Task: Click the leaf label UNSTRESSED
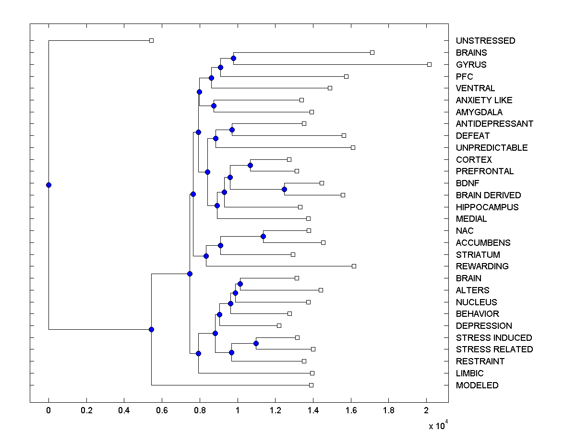pyautogui.click(x=485, y=41)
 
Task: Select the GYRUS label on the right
pyautogui.click(x=471, y=64)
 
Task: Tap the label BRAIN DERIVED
pyautogui.click(x=488, y=195)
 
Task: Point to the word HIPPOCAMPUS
pyautogui.click(x=487, y=207)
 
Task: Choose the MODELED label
pyautogui.click(x=477, y=385)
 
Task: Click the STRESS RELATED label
pyautogui.click(x=494, y=349)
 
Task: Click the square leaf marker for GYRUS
pyautogui.click(x=429, y=64)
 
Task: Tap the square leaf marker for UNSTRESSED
pyautogui.click(x=151, y=40)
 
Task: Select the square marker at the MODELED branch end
pyautogui.click(x=311, y=385)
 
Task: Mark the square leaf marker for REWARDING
pyautogui.click(x=354, y=266)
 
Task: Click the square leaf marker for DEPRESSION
pyautogui.click(x=279, y=325)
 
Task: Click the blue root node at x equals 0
pyautogui.click(x=48, y=185)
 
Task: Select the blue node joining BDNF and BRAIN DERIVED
pyautogui.click(x=284, y=189)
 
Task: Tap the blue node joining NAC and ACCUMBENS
pyautogui.click(x=263, y=236)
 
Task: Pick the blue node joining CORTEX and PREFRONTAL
pyautogui.click(x=250, y=165)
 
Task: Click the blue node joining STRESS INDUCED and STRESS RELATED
pyautogui.click(x=256, y=343)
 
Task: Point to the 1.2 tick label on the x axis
pyautogui.click(x=275, y=410)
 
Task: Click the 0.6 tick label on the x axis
pyautogui.click(x=162, y=410)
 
